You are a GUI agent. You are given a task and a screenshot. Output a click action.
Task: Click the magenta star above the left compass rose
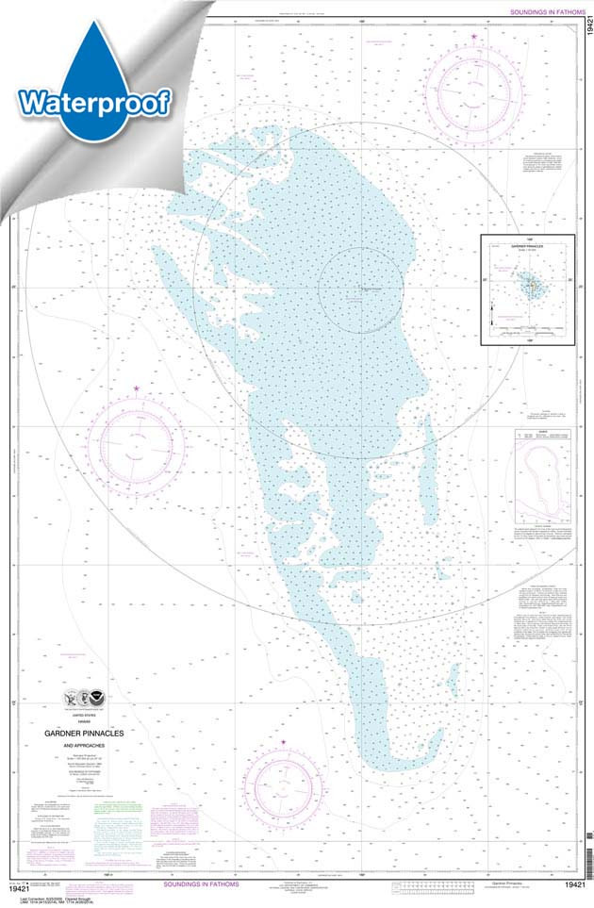pos(138,388)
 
